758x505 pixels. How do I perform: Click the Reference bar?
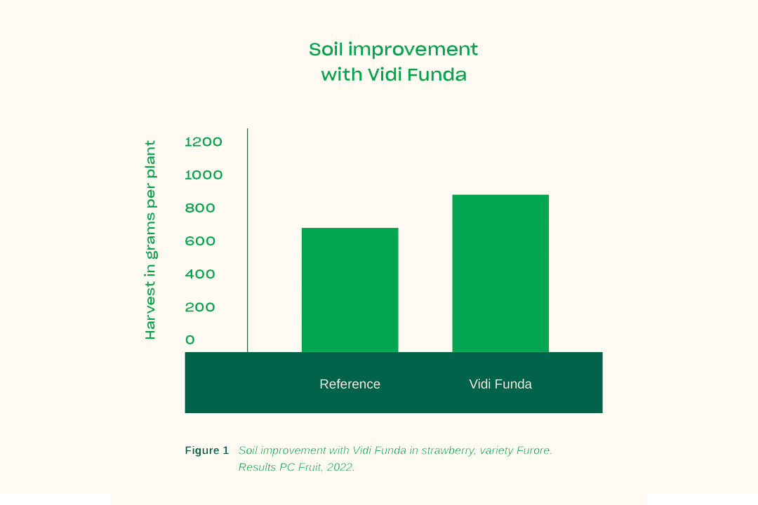pos(350,290)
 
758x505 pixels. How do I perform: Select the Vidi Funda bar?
pos(500,274)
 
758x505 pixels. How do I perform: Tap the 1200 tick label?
pos(204,142)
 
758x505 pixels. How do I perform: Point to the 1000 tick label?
pos(204,175)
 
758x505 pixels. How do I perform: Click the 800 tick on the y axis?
pos(199,208)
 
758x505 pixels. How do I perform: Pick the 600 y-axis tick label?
pos(199,241)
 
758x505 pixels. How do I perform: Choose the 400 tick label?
pos(199,274)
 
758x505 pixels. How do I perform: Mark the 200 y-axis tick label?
pos(199,307)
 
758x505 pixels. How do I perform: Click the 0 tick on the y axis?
pos(190,339)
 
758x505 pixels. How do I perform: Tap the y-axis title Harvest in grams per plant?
pos(151,240)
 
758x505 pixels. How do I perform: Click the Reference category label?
pos(350,384)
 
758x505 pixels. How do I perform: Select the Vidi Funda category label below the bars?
pos(500,384)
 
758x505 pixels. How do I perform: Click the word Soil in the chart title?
pos(326,49)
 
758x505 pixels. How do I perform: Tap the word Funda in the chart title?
pos(437,75)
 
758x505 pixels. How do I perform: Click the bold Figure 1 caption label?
pos(207,450)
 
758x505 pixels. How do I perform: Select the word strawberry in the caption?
pos(448,451)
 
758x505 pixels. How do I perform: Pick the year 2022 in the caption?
pos(340,467)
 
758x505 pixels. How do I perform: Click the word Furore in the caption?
pos(534,450)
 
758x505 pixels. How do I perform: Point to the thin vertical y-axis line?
pos(248,240)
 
